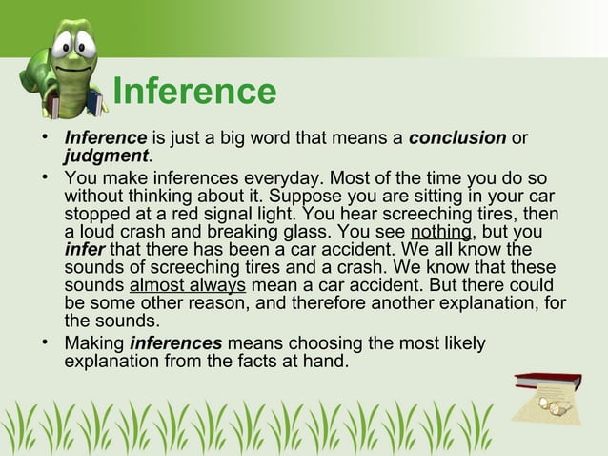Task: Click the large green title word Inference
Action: click(194, 92)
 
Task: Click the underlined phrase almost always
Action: click(187, 285)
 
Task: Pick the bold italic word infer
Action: click(84, 250)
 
